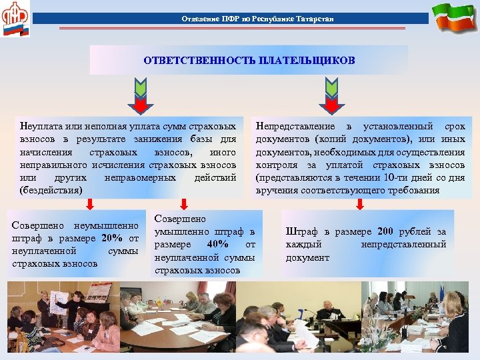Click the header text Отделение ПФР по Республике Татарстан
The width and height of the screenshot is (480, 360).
[x=257, y=19]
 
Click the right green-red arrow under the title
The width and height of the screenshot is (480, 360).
[x=331, y=94]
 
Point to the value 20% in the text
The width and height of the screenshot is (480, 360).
[x=112, y=239]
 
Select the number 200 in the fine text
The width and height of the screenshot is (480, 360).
[x=386, y=232]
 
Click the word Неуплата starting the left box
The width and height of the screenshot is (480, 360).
[x=41, y=126]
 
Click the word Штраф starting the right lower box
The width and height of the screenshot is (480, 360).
[x=301, y=232]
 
